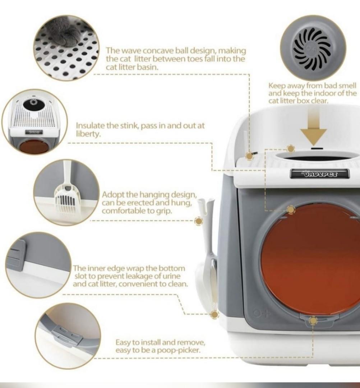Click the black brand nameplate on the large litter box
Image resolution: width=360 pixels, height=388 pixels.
click(x=319, y=174)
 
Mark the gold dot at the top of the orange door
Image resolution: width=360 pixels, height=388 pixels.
click(x=291, y=209)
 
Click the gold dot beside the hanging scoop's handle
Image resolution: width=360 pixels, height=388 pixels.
click(x=199, y=221)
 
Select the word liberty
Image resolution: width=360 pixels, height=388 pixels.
click(x=88, y=134)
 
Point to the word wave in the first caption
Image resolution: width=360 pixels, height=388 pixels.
click(x=128, y=51)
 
